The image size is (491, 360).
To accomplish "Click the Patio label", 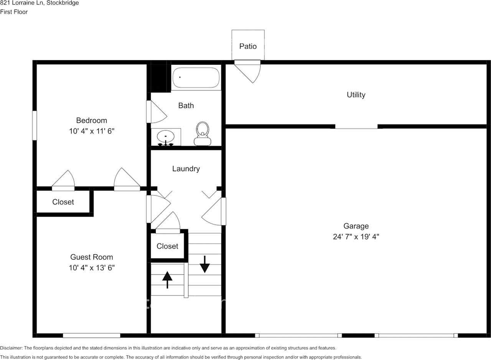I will [248, 46].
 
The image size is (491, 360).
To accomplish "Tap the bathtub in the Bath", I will [196, 78].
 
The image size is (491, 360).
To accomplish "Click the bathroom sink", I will [166, 136].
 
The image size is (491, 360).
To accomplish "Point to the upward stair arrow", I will [167, 279].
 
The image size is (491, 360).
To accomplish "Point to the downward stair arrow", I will [204, 264].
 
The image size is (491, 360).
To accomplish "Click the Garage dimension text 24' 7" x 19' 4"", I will [356, 237].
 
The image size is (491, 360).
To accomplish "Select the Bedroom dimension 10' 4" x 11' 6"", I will [92, 131].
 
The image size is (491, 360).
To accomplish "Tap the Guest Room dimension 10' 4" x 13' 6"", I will [92, 268].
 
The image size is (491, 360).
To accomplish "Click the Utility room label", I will [356, 95].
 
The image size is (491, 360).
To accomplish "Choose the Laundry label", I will [186, 169].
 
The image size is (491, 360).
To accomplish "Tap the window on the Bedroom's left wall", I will [35, 125].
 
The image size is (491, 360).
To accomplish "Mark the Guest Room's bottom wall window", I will [92, 335].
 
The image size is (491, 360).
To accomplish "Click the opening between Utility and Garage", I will [356, 127].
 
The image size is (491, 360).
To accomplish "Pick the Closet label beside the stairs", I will [168, 246].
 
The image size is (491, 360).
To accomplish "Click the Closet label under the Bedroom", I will [63, 202].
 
